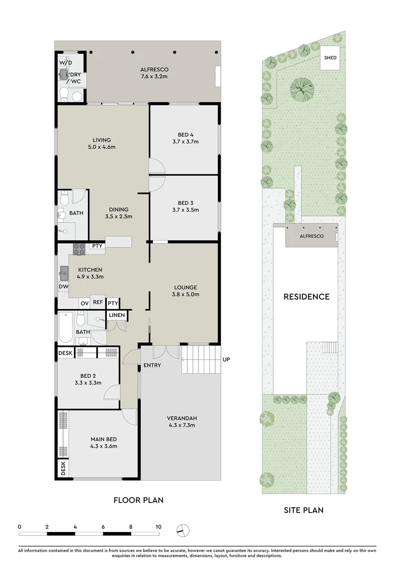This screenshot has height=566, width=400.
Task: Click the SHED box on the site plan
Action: [330, 58]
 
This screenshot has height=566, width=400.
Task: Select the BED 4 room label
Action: [185, 137]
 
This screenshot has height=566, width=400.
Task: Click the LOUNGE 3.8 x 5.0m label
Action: [185, 291]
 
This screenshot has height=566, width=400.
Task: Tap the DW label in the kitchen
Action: [63, 287]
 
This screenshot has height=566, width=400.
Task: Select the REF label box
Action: [97, 302]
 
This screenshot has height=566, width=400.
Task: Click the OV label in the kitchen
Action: [84, 303]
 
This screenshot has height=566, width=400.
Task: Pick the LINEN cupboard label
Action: [117, 315]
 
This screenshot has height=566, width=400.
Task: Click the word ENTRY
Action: [152, 365]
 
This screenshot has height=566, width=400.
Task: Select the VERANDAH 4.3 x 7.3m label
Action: [182, 421]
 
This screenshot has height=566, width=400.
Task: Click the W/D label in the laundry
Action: [65, 62]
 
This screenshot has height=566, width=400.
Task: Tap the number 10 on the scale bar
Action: [158, 526]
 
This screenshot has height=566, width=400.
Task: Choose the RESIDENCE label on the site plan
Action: [306, 297]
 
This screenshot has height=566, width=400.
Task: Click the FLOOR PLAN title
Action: [138, 500]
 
